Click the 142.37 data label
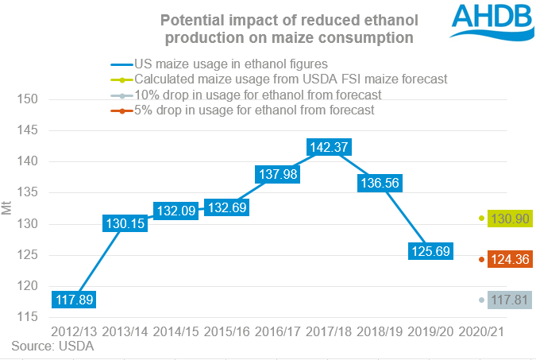click(x=327, y=147)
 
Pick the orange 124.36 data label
click(x=506, y=259)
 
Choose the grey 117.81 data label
click(x=506, y=300)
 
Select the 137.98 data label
click(x=276, y=174)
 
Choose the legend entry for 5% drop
click(x=254, y=110)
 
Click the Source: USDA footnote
click(x=52, y=346)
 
